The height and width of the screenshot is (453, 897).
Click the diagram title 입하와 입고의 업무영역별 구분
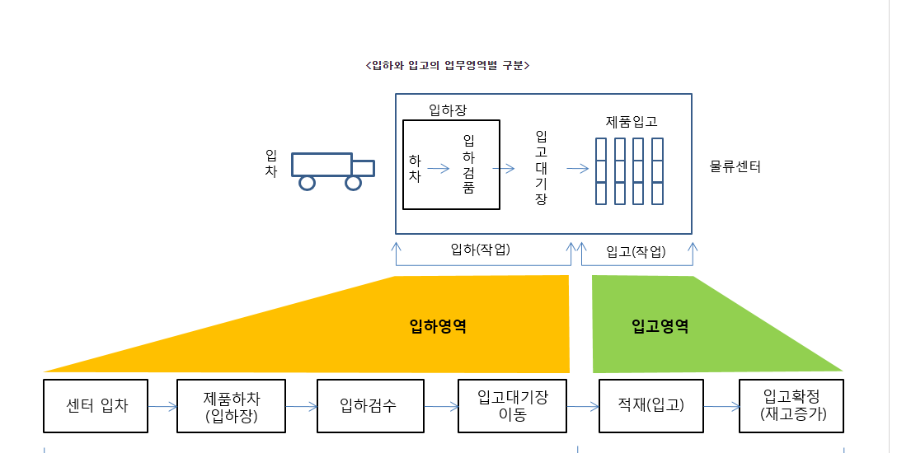(446, 65)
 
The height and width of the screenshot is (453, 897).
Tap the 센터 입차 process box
(96, 405)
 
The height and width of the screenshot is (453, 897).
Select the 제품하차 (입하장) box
(231, 405)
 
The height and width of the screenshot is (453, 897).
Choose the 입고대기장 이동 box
(512, 405)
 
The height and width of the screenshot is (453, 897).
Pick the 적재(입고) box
(651, 405)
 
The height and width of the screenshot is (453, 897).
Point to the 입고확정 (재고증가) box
(791, 405)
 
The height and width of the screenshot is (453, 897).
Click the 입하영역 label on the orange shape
(438, 326)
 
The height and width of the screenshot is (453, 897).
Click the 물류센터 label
(735, 167)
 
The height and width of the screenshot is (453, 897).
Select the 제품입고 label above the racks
(632, 122)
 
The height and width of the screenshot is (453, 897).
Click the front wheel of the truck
(354, 182)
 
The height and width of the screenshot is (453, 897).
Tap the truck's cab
(362, 167)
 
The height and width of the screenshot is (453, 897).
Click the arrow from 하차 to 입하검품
(438, 169)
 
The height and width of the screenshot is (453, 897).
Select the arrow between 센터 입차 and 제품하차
(162, 406)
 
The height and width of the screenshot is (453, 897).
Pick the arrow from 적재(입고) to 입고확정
(721, 406)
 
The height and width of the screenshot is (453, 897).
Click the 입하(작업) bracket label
(481, 250)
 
